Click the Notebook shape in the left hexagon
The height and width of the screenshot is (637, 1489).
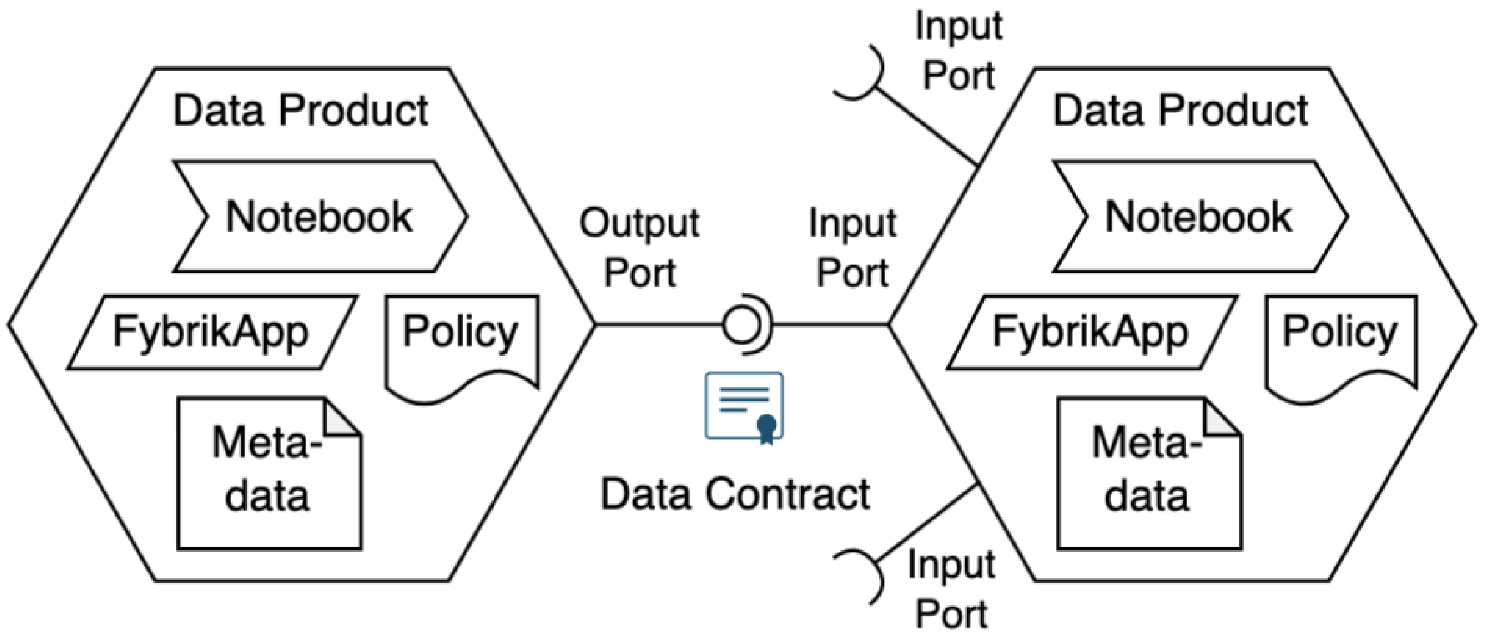319,216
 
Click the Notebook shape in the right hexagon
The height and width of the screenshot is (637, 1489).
1199,216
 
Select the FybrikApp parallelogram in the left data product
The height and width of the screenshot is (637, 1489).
212,332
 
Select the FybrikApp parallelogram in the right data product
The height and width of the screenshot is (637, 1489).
1091,332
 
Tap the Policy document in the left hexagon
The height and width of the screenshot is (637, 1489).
462,341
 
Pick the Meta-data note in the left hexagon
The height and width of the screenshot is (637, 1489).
268,474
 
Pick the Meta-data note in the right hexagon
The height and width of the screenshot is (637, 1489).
1148,474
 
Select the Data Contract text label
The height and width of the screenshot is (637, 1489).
735,495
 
